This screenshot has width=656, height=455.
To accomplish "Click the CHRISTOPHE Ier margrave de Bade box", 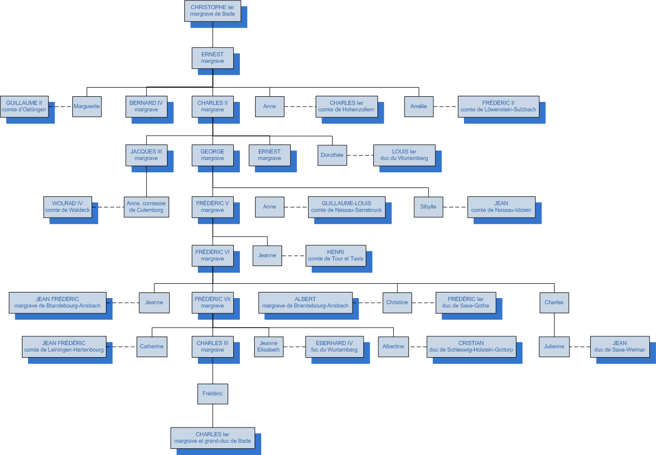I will pos(212,11).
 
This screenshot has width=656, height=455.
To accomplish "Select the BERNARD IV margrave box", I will pos(146,106).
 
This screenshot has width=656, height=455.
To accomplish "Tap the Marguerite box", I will pos(87,106).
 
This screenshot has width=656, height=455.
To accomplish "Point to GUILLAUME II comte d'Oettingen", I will pos(24,106).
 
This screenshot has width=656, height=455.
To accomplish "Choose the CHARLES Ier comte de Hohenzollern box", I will pos(346,106).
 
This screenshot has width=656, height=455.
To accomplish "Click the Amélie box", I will pos(419,106).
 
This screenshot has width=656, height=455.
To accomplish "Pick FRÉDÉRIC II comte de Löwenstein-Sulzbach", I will pos(498,106).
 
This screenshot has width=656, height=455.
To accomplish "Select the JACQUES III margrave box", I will pos(146,155).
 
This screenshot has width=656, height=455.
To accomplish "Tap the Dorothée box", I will pos(332,155).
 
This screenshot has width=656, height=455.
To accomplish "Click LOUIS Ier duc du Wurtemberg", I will pos(404,155).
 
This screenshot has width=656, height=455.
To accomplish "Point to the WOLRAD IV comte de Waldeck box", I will pos(67,207).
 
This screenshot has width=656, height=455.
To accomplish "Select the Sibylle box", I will pos(428,207).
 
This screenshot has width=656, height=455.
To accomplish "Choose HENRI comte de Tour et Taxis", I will pos(336,255).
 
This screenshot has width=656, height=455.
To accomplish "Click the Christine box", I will pos(397,302).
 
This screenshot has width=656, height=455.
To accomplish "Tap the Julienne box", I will pos(554,346).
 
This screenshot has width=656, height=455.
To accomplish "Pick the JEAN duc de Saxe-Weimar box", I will pos(620,346).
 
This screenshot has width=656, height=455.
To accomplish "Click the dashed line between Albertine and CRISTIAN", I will pos(417,346).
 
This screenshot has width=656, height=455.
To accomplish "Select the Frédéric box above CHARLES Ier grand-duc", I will pos(212,394).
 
